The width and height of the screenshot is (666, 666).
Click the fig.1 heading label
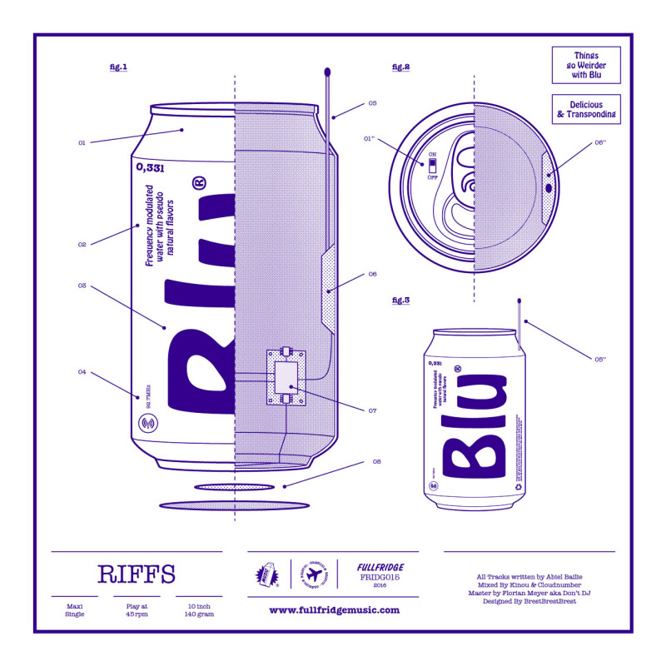click(x=118, y=67)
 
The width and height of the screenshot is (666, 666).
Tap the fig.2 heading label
click(x=400, y=67)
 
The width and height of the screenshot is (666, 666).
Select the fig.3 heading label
click(x=400, y=300)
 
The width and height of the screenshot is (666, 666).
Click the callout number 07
click(x=372, y=410)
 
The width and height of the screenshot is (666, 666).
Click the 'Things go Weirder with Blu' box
click(x=586, y=65)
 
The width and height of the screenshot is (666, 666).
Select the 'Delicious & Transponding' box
click(x=586, y=109)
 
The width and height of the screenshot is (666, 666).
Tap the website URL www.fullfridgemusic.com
click(x=334, y=610)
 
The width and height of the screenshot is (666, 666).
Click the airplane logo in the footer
click(x=313, y=574)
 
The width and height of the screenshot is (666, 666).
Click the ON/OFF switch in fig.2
click(x=432, y=165)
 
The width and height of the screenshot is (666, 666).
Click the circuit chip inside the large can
click(x=286, y=376)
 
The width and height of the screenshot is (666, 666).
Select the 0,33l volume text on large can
click(x=150, y=167)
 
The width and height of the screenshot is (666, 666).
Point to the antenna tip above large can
click(x=327, y=72)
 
